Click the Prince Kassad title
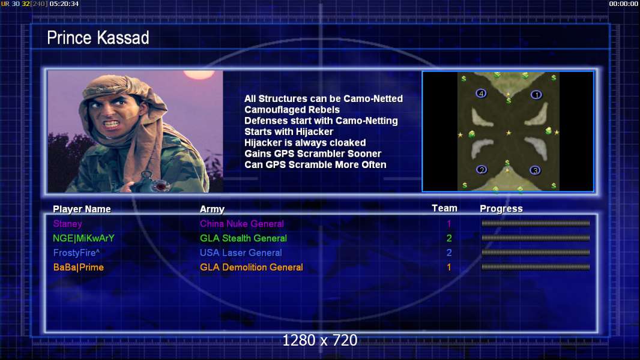coord(98,38)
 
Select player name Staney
coord(67,224)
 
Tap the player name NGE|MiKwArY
coord(83,238)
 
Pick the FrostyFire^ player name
coord(76,253)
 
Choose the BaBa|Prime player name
coord(79,268)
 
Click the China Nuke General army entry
coord(241,224)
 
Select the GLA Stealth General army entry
coord(243,238)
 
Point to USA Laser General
coord(241,253)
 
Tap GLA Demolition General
coord(252,268)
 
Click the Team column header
coord(444,208)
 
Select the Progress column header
coord(501,209)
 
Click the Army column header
coord(213,209)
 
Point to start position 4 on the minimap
coord(482,94)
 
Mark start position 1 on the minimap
coord(536,95)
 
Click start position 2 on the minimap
coord(482,170)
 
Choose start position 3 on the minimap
coord(535,170)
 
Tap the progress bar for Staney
coord(536,223)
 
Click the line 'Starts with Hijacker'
coord(289,131)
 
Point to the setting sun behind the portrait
coord(199,74)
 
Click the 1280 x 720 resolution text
coord(320,340)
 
